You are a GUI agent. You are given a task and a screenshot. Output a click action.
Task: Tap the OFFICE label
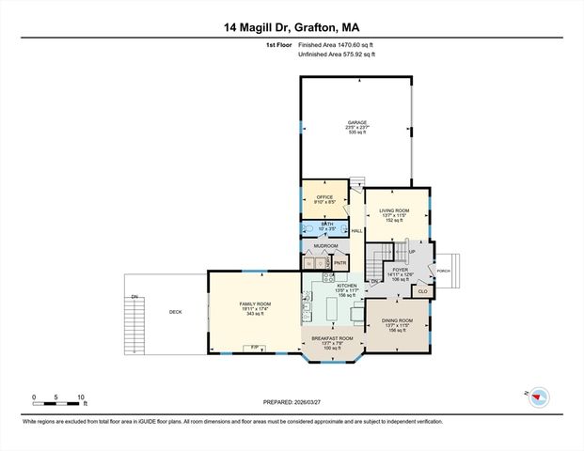(x=324, y=196)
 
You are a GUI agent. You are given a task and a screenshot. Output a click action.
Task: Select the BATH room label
(x=326, y=224)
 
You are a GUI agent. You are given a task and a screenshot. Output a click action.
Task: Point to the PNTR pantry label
(x=339, y=264)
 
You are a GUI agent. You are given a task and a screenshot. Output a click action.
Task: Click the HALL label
(x=356, y=230)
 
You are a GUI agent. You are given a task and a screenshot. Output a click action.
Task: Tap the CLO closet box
(x=422, y=291)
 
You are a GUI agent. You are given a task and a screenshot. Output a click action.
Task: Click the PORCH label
(x=442, y=271)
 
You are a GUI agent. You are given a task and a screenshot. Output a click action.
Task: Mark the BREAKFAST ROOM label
(x=333, y=338)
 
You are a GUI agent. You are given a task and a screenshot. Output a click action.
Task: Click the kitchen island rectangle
(x=356, y=313)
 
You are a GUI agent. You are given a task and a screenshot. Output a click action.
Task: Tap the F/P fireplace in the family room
(x=252, y=348)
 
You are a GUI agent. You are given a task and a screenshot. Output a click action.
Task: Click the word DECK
(x=175, y=312)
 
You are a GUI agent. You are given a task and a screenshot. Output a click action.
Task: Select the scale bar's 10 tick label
(x=82, y=397)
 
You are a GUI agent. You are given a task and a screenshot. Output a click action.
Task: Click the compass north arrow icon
(x=539, y=397)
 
